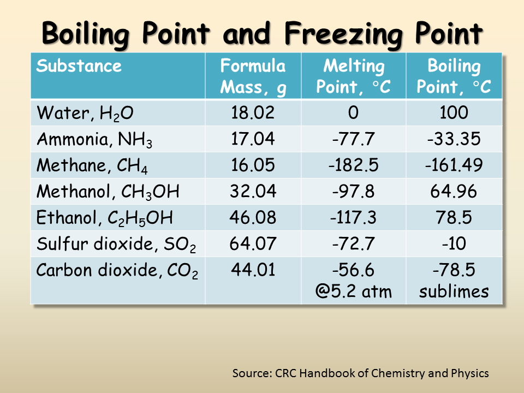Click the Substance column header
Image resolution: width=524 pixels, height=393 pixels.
coord(79,67)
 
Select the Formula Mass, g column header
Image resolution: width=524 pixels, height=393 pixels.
coord(253,76)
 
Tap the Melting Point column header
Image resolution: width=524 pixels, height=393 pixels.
coord(353,76)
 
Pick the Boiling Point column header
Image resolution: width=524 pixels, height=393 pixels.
coord(454,76)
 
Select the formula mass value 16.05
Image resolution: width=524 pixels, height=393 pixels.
coord(253,165)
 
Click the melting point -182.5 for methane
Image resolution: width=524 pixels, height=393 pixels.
coord(353,165)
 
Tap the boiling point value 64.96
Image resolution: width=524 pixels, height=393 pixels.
coord(454,192)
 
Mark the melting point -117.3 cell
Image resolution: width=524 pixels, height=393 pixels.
coord(353,218)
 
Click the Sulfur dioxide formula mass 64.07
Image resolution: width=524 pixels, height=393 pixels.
coord(253,244)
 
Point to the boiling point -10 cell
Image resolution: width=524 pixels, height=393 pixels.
coord(454,244)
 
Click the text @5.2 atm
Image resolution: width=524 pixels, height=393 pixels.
coord(353,291)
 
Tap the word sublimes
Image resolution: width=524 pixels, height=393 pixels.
coord(454,291)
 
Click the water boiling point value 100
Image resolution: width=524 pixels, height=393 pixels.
coord(454,113)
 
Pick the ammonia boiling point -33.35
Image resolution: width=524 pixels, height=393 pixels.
coord(454,139)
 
